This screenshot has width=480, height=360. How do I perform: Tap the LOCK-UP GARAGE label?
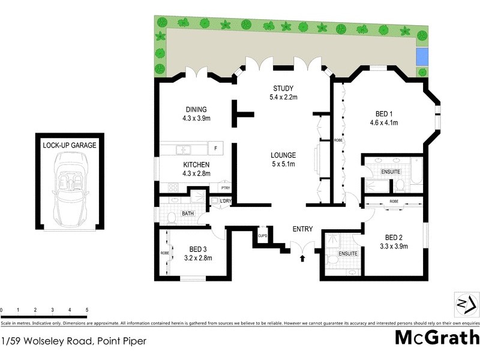69,145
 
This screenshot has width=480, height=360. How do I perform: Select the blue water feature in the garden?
422,57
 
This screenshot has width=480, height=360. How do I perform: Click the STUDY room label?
284,88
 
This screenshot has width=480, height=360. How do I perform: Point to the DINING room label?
196,109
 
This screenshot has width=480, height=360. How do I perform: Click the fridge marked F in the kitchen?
215,148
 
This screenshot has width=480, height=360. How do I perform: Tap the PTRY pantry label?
225,188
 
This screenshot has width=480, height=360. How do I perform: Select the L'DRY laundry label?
225,200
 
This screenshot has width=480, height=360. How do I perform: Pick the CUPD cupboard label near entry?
263,235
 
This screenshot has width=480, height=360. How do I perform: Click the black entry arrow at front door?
302,258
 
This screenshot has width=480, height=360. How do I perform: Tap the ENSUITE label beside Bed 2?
348,254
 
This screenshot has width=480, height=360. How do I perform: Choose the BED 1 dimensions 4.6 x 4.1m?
384,122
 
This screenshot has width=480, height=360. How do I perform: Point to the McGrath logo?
436,337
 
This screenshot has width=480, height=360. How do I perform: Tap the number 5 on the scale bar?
87,310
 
